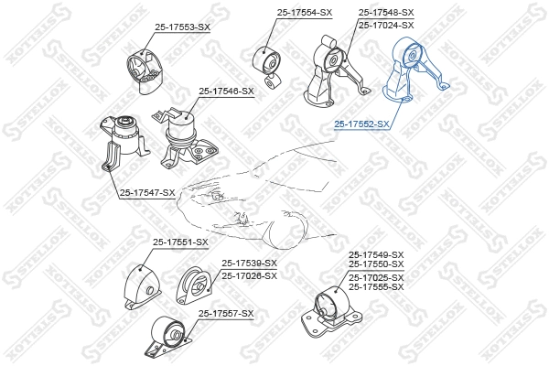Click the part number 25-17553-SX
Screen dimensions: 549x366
[x=182, y=28]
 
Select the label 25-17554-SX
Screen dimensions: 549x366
[x=304, y=12]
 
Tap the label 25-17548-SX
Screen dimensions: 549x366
[x=386, y=12]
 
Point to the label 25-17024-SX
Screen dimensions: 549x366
[x=386, y=25]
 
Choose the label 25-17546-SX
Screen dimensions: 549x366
[x=227, y=91]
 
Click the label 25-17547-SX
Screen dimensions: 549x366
[x=146, y=191]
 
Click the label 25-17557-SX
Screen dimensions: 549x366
[x=226, y=314]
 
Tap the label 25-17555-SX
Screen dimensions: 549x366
[x=375, y=286]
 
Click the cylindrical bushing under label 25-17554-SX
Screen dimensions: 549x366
[x=271, y=64]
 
